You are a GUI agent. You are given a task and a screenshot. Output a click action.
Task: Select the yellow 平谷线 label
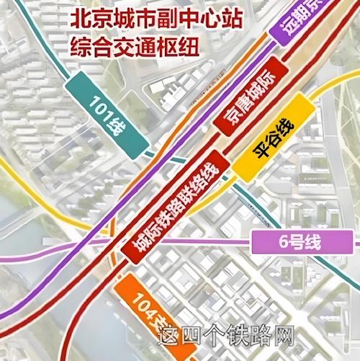274,140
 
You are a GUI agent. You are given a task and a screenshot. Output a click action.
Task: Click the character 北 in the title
78,19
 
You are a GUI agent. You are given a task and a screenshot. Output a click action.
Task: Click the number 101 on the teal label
100,112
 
